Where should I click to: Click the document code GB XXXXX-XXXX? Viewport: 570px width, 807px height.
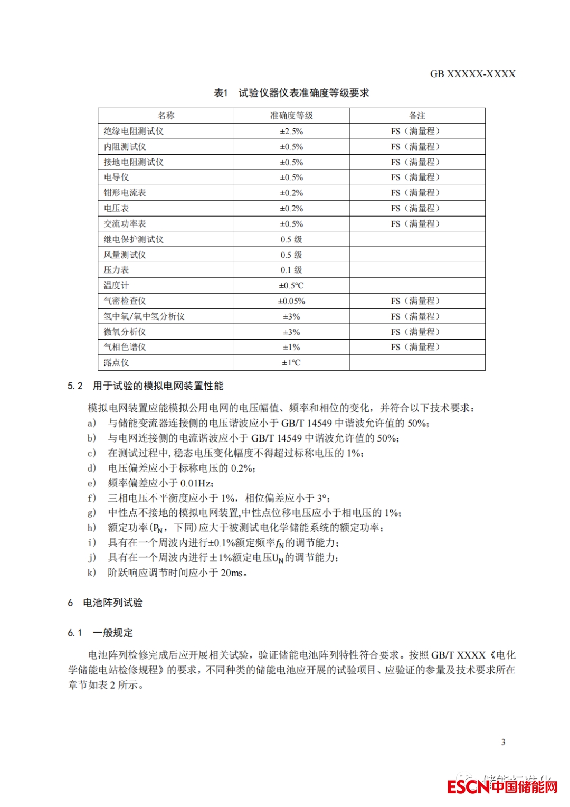coord(472,74)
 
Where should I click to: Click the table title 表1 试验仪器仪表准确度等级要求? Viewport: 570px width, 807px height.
coord(291,93)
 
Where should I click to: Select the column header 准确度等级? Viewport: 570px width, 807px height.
coord(291,116)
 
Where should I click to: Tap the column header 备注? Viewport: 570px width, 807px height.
coord(417,116)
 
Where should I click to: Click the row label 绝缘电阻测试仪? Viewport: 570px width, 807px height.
coord(134,131)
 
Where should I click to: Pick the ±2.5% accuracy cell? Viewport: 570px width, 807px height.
coord(291,131)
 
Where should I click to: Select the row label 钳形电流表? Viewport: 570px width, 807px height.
coord(125,193)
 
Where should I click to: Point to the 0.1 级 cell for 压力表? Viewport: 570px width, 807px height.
coord(291,270)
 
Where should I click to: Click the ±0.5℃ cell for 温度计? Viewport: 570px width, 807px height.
coord(291,286)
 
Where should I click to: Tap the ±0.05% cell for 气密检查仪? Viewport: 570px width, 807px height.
coord(291,301)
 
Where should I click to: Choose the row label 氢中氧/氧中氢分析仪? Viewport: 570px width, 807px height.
coord(144,316)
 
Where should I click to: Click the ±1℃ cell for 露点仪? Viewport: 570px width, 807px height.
coord(291,363)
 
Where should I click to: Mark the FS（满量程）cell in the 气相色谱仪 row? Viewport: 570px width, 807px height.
coord(415,347)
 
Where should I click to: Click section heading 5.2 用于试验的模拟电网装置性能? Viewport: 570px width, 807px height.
coord(145,386)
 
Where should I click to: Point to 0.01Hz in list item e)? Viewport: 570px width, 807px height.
coord(196,483)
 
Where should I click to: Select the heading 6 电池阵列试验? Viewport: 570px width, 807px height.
coord(105,603)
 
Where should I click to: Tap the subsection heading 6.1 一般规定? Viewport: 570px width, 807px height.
coord(100,633)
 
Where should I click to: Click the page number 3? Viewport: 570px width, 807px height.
coord(503,742)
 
